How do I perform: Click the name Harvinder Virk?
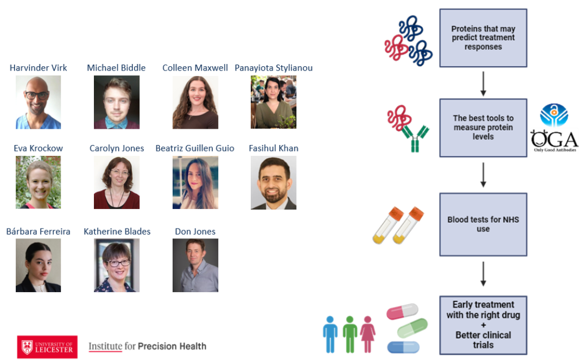point(38,68)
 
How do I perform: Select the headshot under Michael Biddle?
point(116,102)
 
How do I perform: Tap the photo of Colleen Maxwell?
point(195,102)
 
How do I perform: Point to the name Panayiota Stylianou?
point(274,68)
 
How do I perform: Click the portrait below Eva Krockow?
point(38,182)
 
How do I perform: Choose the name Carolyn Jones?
point(117,148)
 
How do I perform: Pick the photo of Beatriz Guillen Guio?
point(195,182)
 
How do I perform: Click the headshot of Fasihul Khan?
point(274,182)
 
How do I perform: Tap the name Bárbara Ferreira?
point(38,231)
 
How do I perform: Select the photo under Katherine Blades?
point(116,265)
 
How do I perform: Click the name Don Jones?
point(195,231)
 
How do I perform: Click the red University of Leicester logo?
point(47,346)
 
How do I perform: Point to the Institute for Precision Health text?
point(147,346)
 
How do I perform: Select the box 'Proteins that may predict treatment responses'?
point(483,38)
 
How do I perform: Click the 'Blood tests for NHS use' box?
point(483,224)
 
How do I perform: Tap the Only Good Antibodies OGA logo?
point(554,130)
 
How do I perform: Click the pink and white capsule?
point(402,312)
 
